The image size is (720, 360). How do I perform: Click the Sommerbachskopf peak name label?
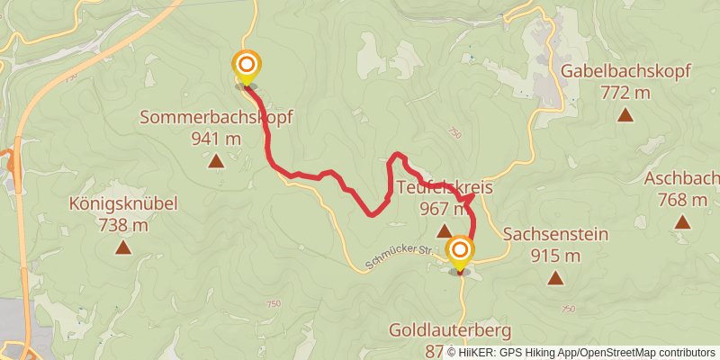coord(216,118)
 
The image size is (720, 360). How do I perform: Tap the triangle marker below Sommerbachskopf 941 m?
coord(216,161)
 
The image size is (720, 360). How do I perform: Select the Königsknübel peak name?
coord(123,204)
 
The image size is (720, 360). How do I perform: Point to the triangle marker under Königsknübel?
coord(122,247)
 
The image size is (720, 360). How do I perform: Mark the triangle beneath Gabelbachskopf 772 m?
coord(626,114)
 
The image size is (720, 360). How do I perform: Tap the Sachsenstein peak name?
coord(555,235)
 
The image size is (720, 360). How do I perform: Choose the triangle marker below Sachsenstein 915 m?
coord(556,278)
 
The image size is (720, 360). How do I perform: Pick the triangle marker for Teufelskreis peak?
coord(444,231)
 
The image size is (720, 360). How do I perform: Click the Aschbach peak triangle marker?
coord(682,221)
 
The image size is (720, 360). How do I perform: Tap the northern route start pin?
coord(246,66)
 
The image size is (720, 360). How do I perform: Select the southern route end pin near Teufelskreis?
coord(460,251)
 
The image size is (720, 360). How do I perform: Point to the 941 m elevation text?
coord(216,139)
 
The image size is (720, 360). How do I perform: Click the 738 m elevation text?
coord(123,225)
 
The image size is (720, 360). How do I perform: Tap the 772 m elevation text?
coord(626,92)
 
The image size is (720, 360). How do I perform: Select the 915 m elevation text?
coord(555,256)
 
